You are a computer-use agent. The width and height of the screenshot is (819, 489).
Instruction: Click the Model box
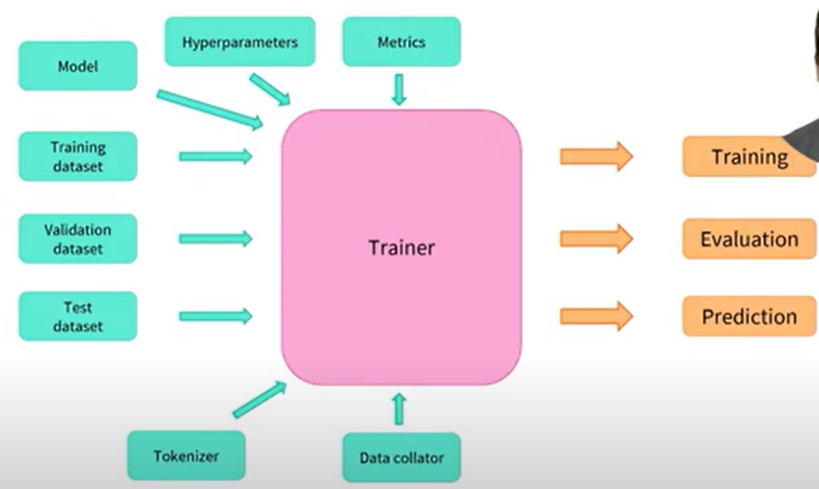point(77,66)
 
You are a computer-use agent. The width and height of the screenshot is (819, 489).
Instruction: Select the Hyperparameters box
point(240,42)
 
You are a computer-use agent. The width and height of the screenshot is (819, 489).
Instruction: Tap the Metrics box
point(401,42)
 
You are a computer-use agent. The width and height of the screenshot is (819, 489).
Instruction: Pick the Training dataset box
point(77,156)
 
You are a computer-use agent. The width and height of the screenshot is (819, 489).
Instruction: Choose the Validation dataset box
point(77,238)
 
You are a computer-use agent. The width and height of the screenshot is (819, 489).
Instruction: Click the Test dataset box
point(77,316)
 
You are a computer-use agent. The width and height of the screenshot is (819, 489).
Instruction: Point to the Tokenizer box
point(186,456)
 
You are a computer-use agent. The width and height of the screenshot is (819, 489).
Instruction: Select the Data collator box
point(401,458)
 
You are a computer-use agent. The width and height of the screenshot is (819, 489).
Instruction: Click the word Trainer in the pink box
point(401,248)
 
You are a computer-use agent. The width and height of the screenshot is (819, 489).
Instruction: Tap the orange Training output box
point(748,157)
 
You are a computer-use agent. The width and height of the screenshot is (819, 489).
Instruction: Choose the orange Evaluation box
point(749,238)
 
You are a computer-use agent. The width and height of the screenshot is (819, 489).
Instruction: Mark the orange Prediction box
point(749,316)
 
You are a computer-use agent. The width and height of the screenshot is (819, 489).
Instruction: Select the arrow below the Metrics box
point(399,90)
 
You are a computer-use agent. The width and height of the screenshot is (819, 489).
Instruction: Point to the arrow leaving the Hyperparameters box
point(270,90)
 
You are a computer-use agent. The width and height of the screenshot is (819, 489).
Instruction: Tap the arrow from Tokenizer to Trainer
point(259,399)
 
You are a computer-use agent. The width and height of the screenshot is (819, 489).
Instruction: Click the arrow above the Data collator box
point(399,409)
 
